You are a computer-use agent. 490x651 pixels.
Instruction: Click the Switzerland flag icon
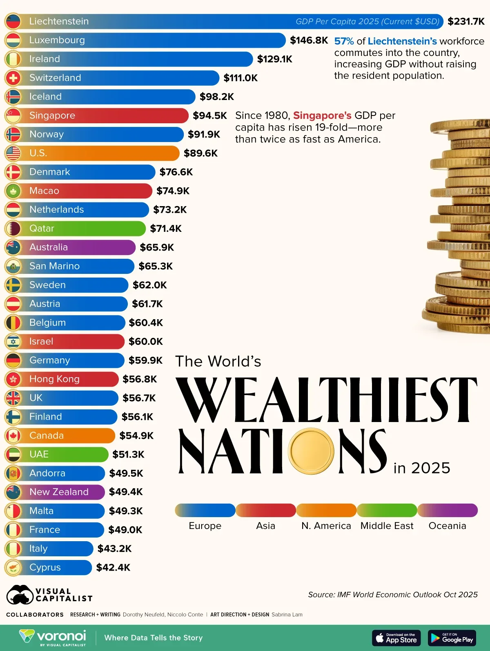pos(13,78)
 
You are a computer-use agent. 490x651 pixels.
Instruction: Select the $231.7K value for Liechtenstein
pos(466,21)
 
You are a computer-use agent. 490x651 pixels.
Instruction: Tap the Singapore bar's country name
pos(52,116)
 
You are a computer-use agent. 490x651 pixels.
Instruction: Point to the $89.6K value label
pos(200,153)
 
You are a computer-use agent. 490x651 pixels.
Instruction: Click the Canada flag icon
pos(13,435)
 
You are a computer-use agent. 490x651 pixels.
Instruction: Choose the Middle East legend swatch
pos(387,510)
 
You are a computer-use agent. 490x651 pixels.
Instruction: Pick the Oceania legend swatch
pos(447,510)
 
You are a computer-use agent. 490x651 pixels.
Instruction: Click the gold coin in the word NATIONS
pos(311,451)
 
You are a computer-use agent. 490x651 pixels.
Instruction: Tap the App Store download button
pos(396,638)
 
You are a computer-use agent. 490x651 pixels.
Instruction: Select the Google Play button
pos(452,638)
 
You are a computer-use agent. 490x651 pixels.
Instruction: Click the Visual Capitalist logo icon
pos(20,595)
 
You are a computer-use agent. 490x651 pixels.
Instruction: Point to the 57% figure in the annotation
pos(344,41)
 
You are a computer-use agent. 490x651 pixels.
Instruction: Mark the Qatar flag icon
pos(13,229)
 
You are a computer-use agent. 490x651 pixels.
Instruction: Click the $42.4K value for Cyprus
pos(113,567)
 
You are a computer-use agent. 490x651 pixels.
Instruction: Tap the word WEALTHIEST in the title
pos(327,400)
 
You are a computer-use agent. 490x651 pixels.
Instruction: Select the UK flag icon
pos(13,398)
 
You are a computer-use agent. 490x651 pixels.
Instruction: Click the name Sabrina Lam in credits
pos(287,615)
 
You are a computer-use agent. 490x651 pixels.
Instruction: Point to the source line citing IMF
pos(392,595)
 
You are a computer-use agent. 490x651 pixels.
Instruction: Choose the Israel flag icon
pos(13,342)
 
